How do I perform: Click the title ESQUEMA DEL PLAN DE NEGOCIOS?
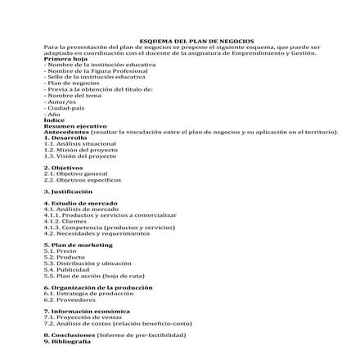pyautogui.click(x=180, y=40)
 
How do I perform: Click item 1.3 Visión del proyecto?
pyautogui.click(x=80, y=154)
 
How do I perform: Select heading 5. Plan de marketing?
pyautogui.click(x=78, y=245)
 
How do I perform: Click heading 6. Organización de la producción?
pyautogui.click(x=97, y=288)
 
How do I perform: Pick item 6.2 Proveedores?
pyautogui.click(x=68, y=299)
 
